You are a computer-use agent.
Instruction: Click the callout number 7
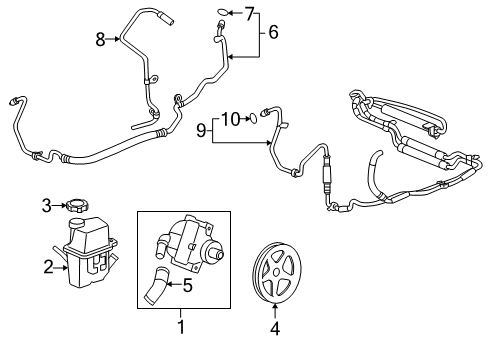click(250, 13)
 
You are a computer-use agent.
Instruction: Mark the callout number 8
click(100, 39)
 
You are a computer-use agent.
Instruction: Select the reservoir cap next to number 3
click(74, 206)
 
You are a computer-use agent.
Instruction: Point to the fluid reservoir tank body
click(93, 245)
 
